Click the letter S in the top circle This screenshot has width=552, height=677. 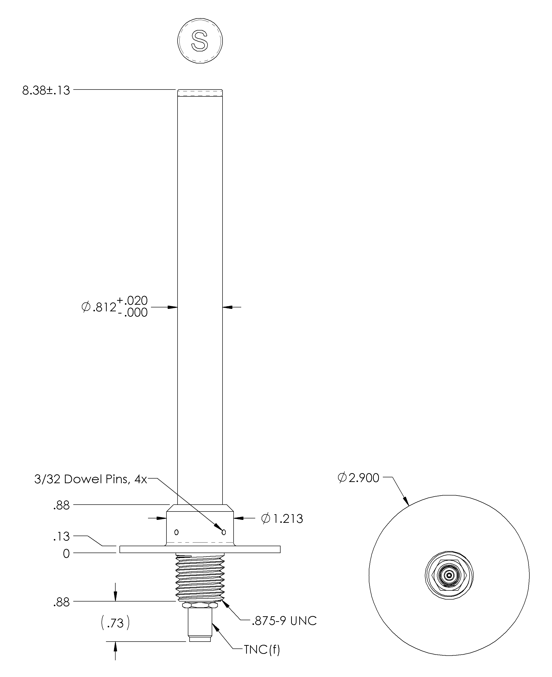point(200,41)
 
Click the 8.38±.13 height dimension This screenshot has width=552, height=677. point(46,90)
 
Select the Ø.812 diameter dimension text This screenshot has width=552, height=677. point(99,307)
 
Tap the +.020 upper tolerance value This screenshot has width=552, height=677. point(133,301)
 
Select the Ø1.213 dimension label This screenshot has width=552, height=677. point(282,519)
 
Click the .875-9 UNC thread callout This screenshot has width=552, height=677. point(284,621)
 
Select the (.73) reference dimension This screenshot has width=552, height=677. point(115,623)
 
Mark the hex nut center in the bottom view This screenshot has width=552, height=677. point(449,575)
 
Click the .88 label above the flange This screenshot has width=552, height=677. point(61,506)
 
